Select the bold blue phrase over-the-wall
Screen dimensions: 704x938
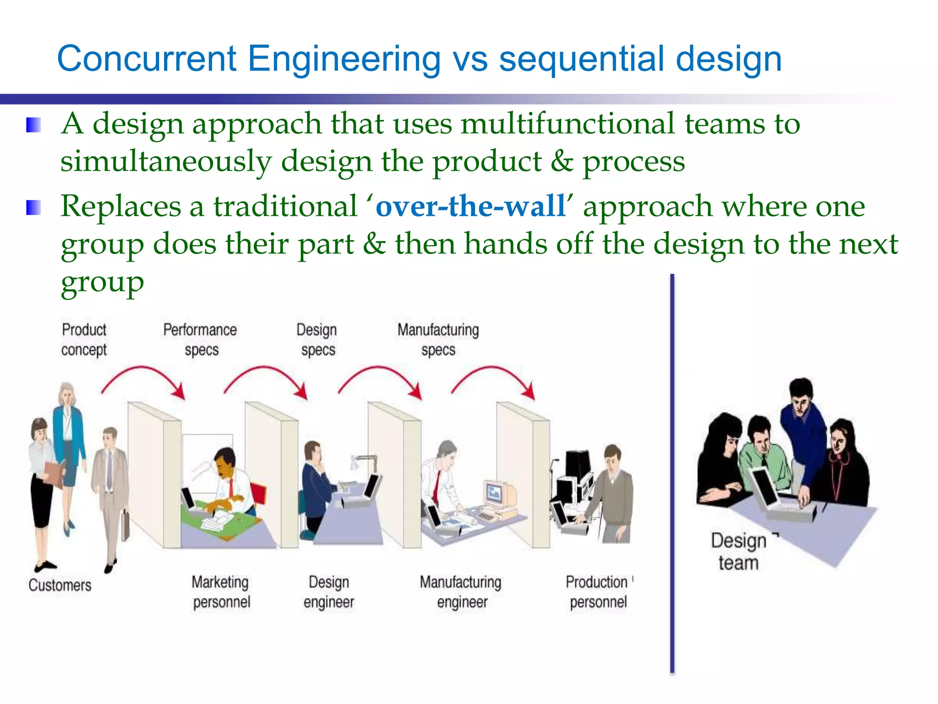(470, 206)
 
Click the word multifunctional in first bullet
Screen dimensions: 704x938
(567, 124)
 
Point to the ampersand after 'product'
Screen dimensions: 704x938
(562, 161)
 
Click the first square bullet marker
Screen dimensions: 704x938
(33, 125)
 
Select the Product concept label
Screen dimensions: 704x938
(84, 340)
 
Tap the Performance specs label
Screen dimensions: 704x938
(200, 340)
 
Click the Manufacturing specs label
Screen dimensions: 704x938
(438, 340)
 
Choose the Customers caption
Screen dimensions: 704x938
(60, 585)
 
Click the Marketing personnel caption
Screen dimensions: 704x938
(221, 592)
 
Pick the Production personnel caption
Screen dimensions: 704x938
(597, 592)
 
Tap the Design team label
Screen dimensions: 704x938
(738, 551)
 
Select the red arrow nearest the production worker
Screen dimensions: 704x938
(495, 378)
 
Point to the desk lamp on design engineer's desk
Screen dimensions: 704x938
(362, 461)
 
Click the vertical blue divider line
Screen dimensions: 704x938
(672, 472)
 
